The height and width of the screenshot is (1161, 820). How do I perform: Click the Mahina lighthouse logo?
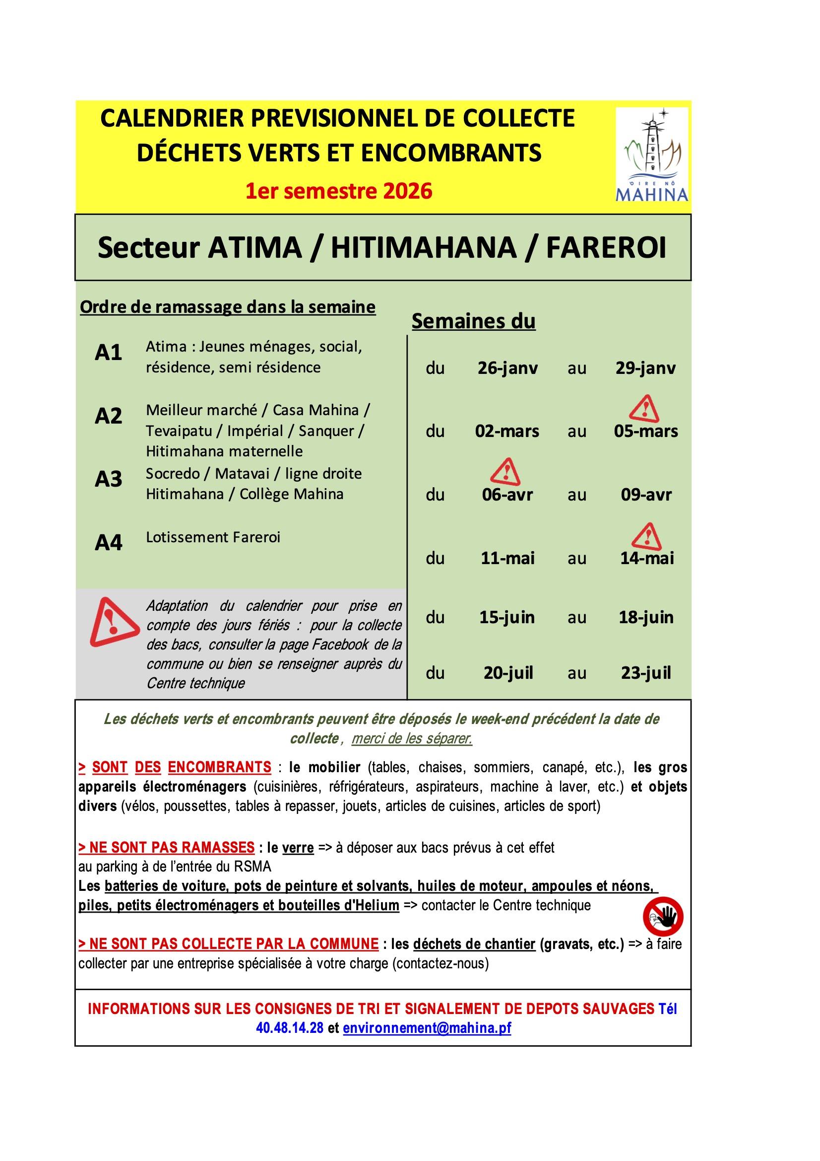point(652,154)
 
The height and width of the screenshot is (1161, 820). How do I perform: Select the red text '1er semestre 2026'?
point(338,192)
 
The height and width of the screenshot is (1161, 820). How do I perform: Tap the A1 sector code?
point(109,353)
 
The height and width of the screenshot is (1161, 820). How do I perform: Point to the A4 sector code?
point(109,543)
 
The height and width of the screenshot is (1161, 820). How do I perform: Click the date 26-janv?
point(508,367)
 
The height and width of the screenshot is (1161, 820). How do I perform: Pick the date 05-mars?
point(646,432)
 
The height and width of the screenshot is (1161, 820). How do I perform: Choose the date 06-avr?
point(507,495)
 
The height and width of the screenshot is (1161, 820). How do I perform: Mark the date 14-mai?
point(647,558)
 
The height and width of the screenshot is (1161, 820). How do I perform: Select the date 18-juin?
point(646,617)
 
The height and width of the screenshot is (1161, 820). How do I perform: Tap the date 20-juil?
point(508,673)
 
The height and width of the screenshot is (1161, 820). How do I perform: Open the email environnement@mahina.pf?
point(427,1028)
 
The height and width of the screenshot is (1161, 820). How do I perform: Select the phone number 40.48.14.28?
point(290,1028)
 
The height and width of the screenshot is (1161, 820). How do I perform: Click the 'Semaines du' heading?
point(473,321)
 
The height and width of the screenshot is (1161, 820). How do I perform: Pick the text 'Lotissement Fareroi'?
point(213,537)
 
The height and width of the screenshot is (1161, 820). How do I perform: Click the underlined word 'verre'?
point(298,847)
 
